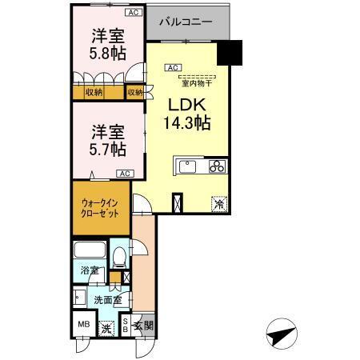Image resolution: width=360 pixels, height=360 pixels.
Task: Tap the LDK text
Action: pos(186,105)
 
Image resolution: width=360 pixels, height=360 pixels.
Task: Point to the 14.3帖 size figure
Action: pos(186,123)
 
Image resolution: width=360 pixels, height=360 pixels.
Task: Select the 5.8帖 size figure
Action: pos(106,53)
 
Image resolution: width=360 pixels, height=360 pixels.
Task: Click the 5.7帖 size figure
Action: pos(106,148)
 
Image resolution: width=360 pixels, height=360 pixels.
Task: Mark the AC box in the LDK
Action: pos(174,68)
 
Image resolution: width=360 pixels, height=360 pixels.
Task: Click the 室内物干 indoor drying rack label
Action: pos(194,82)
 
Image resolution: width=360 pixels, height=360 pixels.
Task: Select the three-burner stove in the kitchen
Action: pos(217,166)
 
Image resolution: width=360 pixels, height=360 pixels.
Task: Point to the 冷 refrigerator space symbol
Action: pos(218,204)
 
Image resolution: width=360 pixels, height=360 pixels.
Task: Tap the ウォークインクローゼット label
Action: pos(99,210)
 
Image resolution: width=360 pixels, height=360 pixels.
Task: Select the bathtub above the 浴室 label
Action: pos(90,250)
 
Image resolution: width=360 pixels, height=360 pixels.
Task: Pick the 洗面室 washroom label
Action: pos(106,300)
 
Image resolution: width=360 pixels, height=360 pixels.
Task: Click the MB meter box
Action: pos(83,325)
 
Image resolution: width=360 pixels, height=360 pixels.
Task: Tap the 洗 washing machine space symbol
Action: pos(107,327)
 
